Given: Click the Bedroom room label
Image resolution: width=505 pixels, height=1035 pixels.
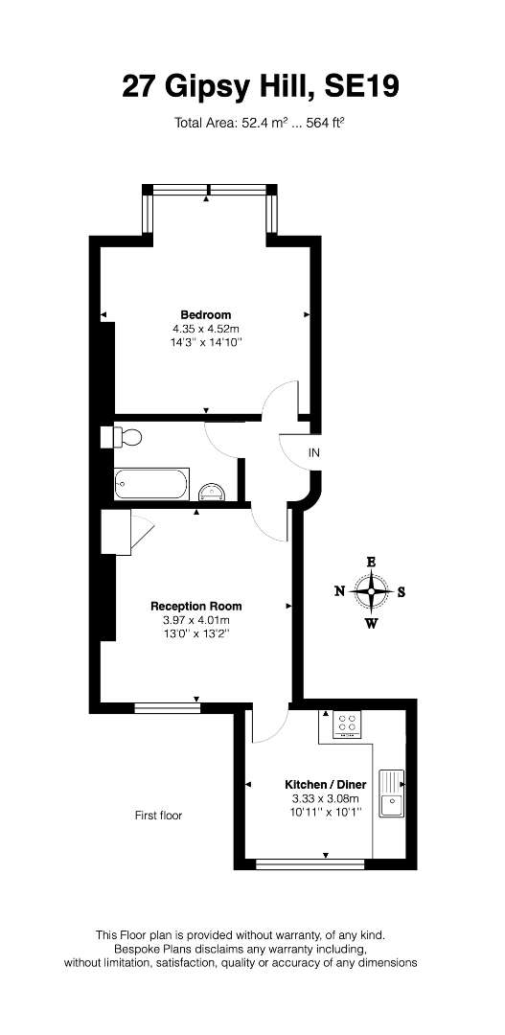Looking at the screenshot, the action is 206,314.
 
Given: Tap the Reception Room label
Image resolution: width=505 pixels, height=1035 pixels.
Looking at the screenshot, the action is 196,606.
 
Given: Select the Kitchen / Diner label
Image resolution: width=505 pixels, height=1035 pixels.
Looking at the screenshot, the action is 326,785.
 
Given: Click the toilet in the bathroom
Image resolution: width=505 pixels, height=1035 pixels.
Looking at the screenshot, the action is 122,437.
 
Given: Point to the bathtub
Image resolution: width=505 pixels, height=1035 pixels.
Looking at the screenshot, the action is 151,484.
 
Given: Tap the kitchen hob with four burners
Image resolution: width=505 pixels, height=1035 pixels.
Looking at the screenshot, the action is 348,724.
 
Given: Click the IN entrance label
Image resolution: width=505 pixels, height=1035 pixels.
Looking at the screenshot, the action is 314,452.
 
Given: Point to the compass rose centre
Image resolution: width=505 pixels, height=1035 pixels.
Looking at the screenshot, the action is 372,590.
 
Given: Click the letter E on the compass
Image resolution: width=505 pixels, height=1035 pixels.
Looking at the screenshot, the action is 372,563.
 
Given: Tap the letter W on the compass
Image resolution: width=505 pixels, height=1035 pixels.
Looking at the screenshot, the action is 372,623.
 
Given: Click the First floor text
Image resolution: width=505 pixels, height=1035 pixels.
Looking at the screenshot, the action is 158,816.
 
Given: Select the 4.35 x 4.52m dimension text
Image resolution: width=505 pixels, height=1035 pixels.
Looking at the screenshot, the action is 206,328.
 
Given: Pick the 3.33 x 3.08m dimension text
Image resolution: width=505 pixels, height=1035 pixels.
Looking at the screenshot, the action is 326,798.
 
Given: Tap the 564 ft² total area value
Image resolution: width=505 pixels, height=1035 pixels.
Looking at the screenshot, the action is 324,122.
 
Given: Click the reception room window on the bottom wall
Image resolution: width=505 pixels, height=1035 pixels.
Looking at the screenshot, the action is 167,707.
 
